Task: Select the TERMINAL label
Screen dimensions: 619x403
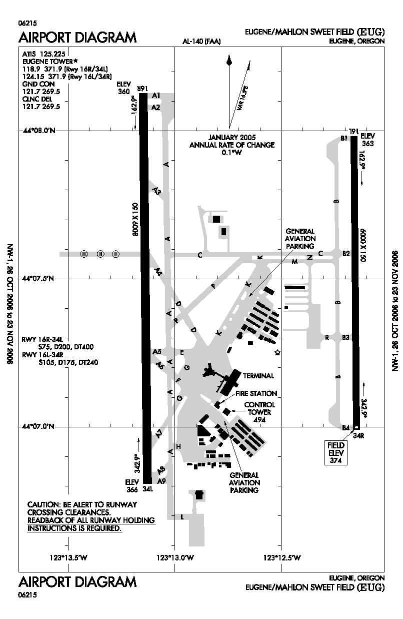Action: click(x=258, y=376)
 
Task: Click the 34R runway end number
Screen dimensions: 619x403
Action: click(x=357, y=436)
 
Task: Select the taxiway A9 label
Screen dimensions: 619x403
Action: click(x=161, y=481)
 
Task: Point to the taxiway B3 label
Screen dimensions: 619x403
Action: click(x=346, y=338)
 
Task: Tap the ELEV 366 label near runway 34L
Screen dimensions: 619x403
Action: click(x=131, y=485)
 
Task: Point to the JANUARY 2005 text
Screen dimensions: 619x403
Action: click(x=231, y=137)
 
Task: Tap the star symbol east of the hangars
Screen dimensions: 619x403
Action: click(x=277, y=353)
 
